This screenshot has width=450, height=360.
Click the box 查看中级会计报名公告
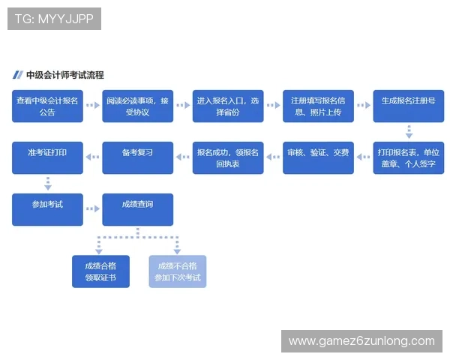tap(47, 106)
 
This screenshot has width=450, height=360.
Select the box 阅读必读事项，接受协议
tap(137, 106)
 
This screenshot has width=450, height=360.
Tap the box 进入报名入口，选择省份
tap(228, 106)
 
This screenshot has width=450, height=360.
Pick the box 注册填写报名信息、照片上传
tap(318, 106)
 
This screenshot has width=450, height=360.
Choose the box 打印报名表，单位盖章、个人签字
tap(409, 157)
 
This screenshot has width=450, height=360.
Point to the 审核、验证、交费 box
tap(318, 157)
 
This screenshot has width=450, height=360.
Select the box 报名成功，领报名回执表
tap(228, 157)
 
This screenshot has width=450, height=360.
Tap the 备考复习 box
tap(137, 157)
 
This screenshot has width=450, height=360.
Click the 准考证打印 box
tap(47, 157)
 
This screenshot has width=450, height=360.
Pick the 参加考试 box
tap(47, 209)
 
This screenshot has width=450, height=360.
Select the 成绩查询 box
tap(137, 209)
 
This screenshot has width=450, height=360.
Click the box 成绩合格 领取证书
tap(100, 271)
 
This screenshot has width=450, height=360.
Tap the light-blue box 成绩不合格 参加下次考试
tap(178, 271)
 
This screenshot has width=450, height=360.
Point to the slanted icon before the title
tap(17, 75)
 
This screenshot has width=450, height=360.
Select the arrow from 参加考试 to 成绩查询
tap(92, 209)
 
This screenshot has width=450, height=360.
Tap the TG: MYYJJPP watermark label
tap(54, 19)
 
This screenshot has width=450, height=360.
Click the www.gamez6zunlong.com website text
tap(361, 341)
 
